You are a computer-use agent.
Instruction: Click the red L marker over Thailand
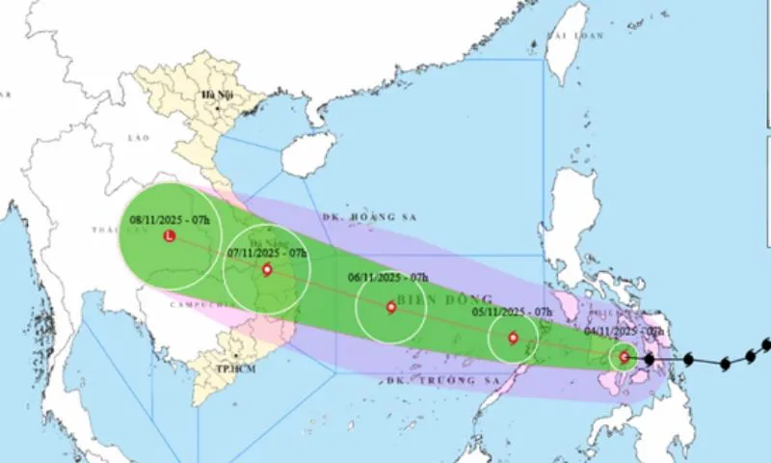(x=170, y=236)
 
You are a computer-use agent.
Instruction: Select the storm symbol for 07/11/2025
(x=267, y=270)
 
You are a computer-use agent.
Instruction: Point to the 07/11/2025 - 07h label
(x=267, y=253)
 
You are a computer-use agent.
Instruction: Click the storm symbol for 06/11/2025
(x=390, y=308)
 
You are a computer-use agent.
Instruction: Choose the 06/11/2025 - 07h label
(x=388, y=278)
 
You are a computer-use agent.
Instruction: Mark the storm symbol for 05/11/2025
(x=513, y=338)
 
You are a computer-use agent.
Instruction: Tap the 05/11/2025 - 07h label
(x=512, y=313)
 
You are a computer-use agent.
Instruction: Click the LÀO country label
(x=139, y=139)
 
